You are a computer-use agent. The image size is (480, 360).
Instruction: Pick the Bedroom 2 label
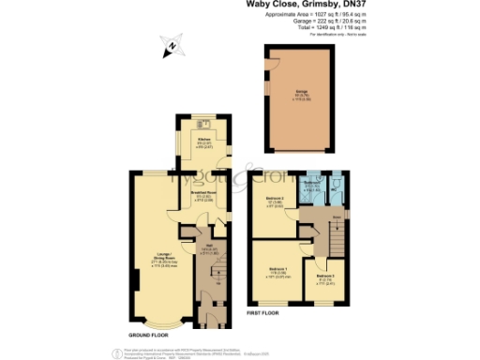(272, 199)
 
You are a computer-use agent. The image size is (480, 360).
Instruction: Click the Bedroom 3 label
(323, 277)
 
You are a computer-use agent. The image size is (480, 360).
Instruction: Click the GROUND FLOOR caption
(150, 334)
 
